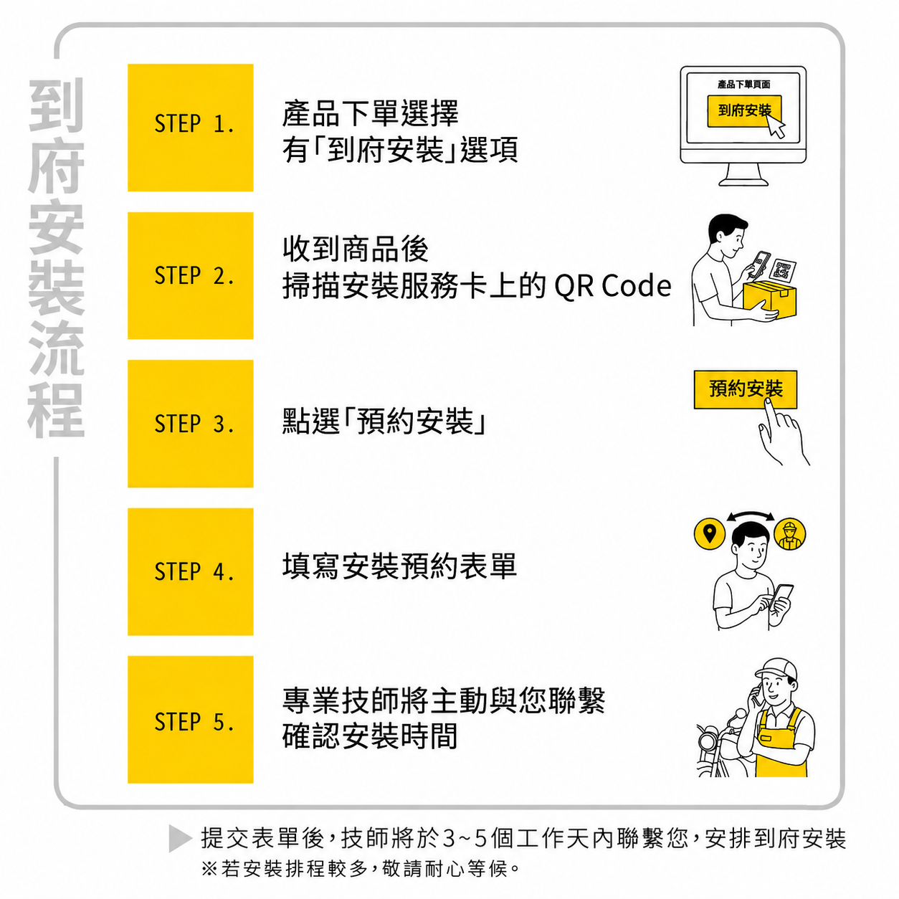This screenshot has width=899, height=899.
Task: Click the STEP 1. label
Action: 194,123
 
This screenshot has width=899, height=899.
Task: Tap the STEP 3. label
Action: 194,424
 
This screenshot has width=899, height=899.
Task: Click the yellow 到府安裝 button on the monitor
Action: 744,111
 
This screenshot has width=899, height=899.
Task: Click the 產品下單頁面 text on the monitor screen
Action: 743,85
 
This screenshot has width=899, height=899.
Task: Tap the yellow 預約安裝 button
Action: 746,389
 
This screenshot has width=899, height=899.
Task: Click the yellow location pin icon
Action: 710,533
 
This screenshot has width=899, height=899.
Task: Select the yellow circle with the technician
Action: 789,533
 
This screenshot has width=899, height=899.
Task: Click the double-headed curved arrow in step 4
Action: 750,513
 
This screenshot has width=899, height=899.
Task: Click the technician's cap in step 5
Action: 776,670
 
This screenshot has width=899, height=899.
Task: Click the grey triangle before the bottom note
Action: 180,838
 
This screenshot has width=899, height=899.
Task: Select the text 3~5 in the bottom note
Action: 464,838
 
